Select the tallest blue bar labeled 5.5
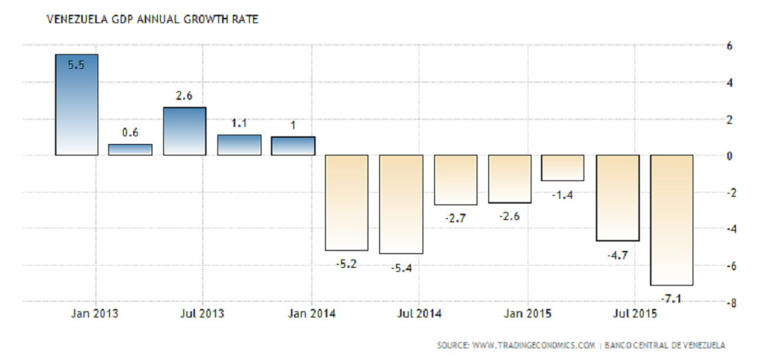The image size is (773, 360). [76, 105]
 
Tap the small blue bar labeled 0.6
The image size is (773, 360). [130, 149]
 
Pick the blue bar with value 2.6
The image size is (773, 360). [184, 131]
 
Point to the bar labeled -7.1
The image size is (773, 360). [672, 220]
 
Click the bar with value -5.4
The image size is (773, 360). [401, 204]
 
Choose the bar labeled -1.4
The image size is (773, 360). [563, 168]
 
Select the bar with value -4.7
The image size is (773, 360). [617, 197]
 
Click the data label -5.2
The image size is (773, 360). [346, 264]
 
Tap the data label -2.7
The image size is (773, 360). [454, 219]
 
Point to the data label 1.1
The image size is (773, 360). [238, 122]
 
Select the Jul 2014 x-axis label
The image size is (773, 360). [419, 314]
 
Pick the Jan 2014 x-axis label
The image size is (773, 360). [311, 314]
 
